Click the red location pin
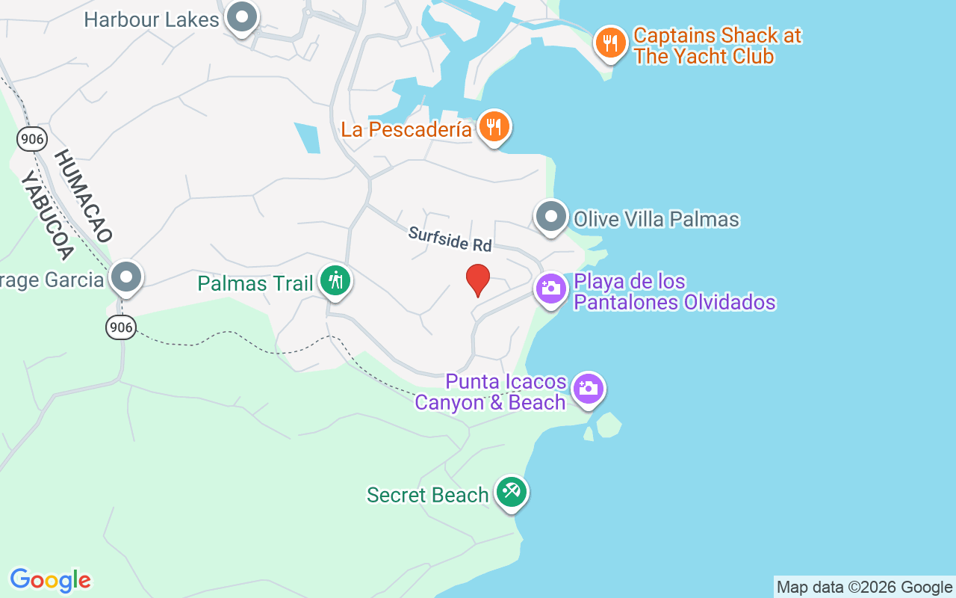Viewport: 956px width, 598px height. coord(478,280)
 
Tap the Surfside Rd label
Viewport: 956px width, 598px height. coord(450,239)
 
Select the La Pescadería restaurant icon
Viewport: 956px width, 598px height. coord(493,127)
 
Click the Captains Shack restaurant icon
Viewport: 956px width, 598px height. coord(611,43)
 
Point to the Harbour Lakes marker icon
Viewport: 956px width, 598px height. coord(241,18)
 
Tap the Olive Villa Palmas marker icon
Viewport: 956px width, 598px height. coord(551,218)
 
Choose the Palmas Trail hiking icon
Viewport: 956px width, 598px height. coord(335,282)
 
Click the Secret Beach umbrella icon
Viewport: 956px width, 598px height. coord(511,493)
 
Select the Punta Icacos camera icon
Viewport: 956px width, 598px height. coord(589,389)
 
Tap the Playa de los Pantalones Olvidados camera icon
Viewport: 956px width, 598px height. coord(551,289)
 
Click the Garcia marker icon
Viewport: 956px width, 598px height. coord(125,278)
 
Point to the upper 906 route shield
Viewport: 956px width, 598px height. coord(33,138)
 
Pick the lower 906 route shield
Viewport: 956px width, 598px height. coord(121,327)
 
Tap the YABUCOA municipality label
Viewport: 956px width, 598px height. coord(46,215)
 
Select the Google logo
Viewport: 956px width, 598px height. coord(50,580)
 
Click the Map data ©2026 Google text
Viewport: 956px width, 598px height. coord(864,588)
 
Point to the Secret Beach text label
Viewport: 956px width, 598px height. coord(427,495)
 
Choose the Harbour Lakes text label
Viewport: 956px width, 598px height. coord(152,19)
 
